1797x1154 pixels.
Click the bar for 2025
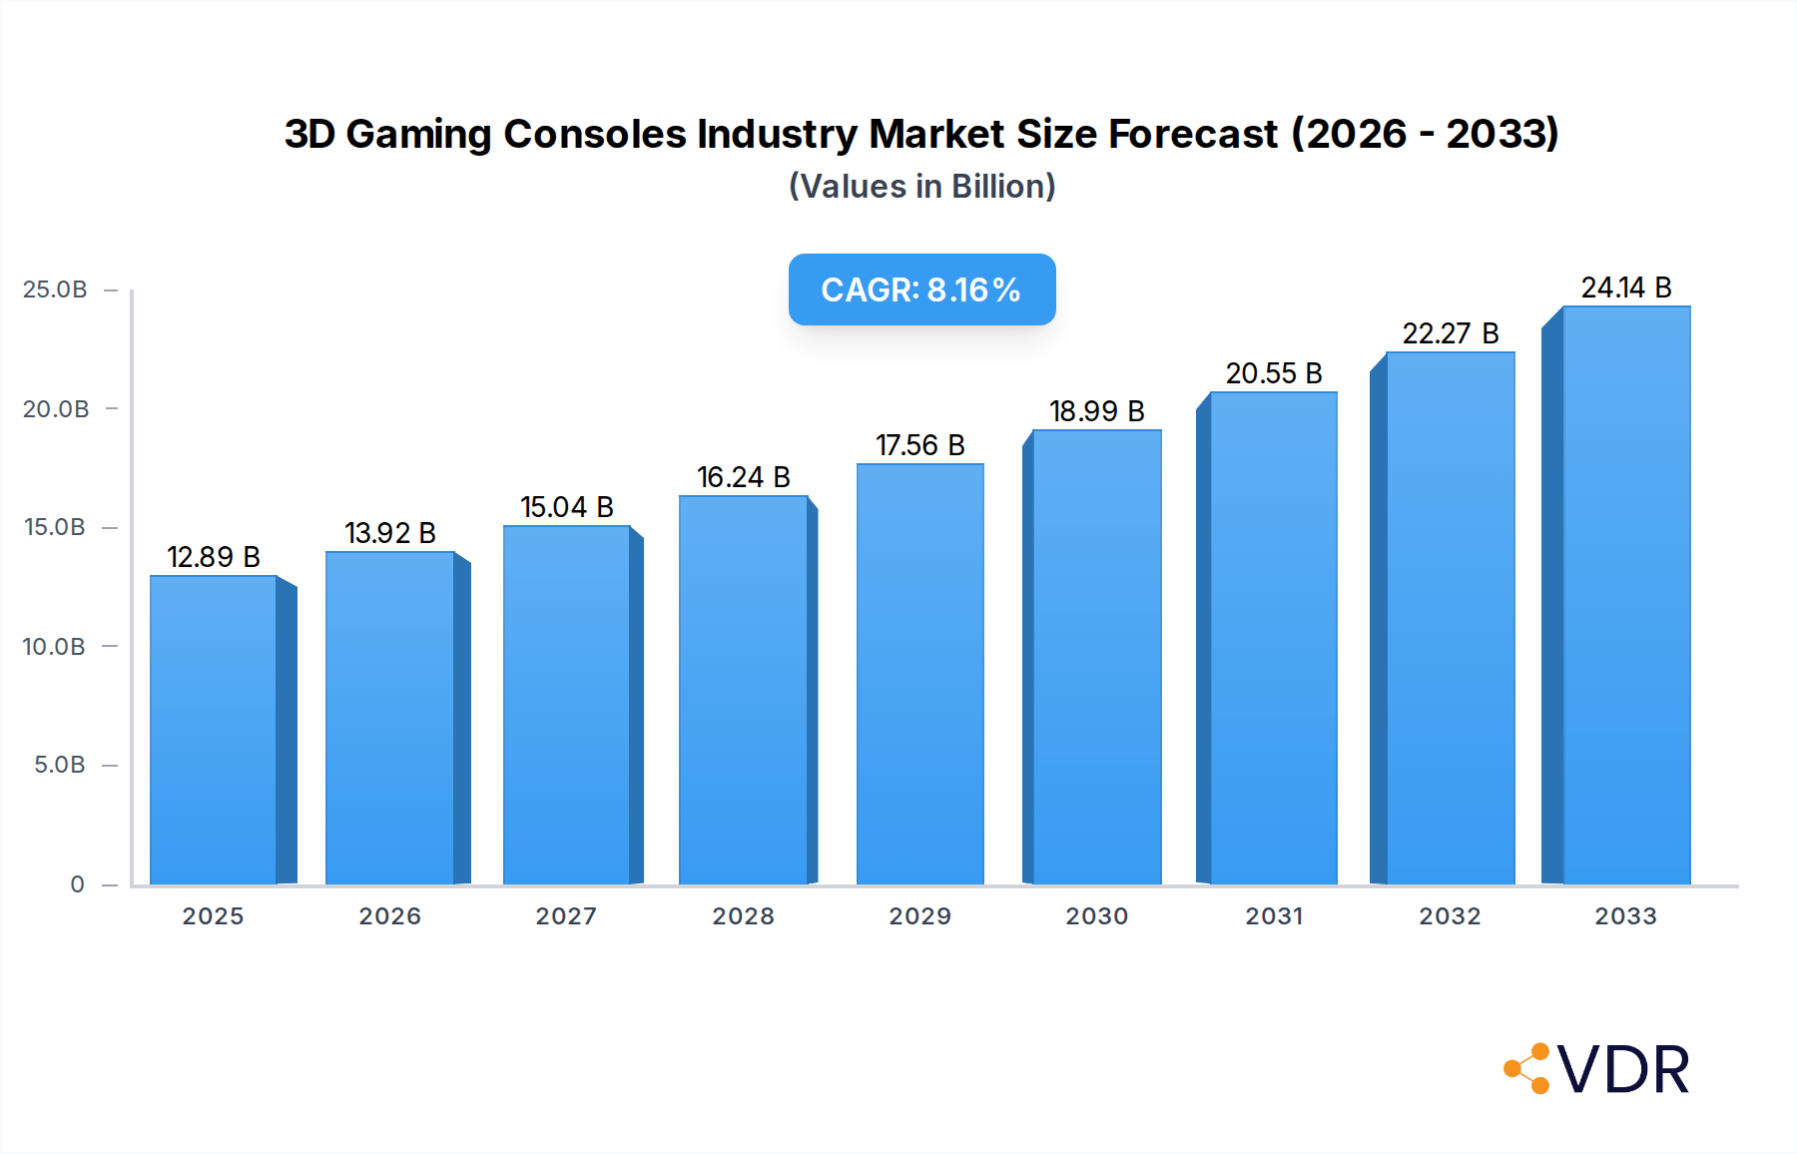point(214,729)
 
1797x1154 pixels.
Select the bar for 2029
point(919,674)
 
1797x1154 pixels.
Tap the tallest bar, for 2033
point(1625,595)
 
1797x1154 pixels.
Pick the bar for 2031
point(1273,639)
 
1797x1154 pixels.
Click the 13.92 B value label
point(390,533)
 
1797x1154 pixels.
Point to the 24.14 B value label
point(1625,288)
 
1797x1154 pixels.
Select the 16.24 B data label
point(743,477)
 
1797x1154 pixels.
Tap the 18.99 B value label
point(1096,411)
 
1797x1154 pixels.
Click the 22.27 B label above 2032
point(1450,333)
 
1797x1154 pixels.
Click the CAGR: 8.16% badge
point(921,289)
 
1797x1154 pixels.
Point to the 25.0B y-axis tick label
point(55,289)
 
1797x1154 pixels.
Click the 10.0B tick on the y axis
point(55,647)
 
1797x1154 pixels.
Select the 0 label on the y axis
point(77,884)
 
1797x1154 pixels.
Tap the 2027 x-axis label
point(566,916)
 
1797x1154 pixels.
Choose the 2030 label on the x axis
point(1096,916)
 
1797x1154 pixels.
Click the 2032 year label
point(1450,916)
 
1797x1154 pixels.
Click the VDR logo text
point(1623,1069)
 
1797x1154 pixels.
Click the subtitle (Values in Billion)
point(921,187)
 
